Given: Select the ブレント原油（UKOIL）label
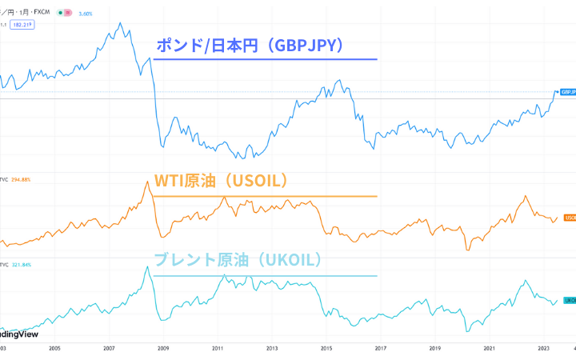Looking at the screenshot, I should (x=237, y=259).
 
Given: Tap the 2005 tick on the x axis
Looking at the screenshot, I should (x=54, y=349).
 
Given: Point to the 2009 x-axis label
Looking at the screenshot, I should (x=163, y=349).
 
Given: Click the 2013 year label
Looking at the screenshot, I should (x=272, y=349).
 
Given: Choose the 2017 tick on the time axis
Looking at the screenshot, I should (x=381, y=349).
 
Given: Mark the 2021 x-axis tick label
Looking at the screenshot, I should (x=490, y=349).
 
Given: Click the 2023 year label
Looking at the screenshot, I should (x=544, y=349).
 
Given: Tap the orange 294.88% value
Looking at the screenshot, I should (x=22, y=179).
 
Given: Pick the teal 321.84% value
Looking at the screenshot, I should (x=22, y=263).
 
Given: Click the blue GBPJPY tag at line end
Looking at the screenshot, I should (x=568, y=92).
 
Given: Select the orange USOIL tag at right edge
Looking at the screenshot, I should (x=570, y=217).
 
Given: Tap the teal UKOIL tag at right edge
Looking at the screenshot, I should (x=570, y=300).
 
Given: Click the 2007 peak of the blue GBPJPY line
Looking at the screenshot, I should (x=120, y=23).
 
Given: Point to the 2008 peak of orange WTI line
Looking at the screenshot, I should (x=147, y=182).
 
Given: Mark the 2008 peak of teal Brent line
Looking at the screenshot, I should (x=147, y=266).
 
